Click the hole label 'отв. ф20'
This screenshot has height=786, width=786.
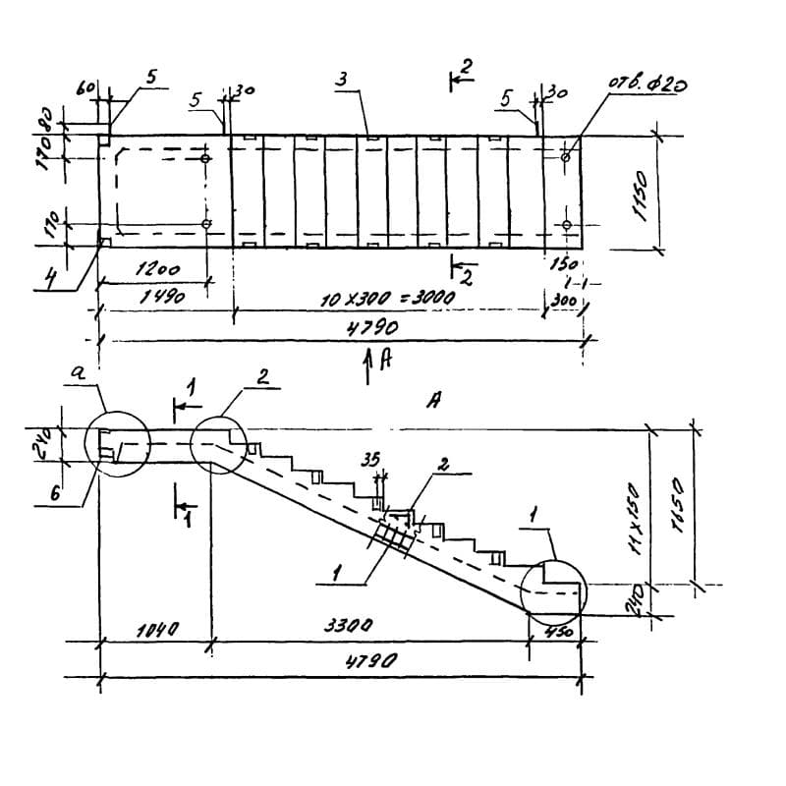647,84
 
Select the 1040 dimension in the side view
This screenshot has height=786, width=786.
155,628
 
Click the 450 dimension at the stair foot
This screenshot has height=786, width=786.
557,632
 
